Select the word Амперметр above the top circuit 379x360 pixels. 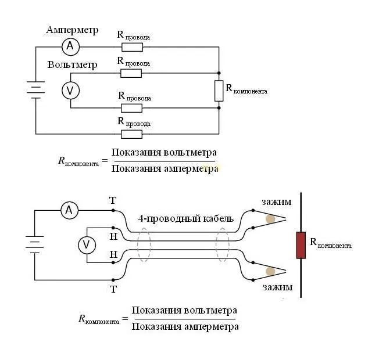(x=72, y=30)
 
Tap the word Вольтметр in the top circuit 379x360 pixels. (x=72, y=64)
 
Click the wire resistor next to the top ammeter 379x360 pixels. (x=132, y=47)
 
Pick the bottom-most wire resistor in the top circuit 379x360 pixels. (x=131, y=134)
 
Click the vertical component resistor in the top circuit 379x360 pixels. (x=219, y=91)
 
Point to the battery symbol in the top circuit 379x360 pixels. (x=36, y=90)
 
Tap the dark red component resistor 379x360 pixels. (x=301, y=245)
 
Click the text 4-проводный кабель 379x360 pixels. (x=186, y=219)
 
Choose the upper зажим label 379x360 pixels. (x=277, y=202)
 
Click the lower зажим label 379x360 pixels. (x=277, y=287)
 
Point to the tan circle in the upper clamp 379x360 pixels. (x=270, y=219)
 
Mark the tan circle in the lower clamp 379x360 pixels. (x=270, y=271)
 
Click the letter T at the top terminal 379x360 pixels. (x=113, y=200)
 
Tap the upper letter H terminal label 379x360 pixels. (x=113, y=236)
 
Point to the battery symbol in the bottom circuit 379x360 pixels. (x=34, y=244)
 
